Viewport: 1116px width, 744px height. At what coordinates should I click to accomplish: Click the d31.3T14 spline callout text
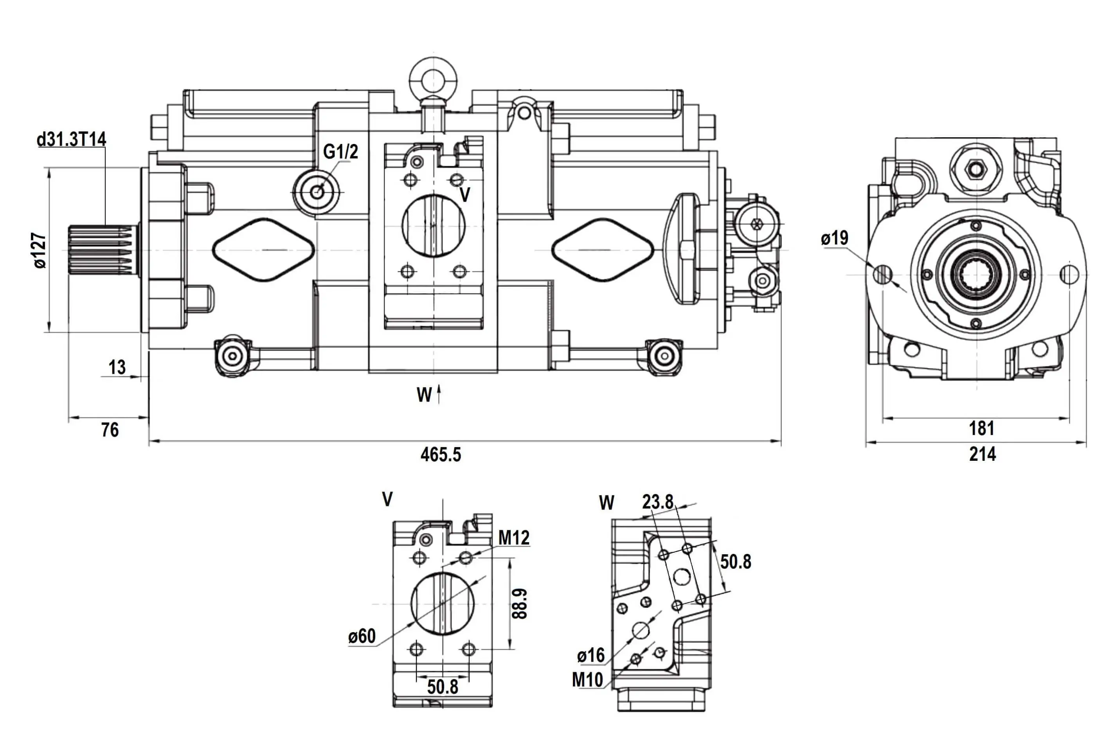point(71,140)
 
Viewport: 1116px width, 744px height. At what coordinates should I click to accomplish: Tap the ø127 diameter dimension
point(40,250)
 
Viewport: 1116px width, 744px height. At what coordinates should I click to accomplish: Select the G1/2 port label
point(340,152)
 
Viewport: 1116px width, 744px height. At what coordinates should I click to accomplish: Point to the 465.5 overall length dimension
point(441,455)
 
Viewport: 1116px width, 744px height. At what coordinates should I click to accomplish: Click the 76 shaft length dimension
point(110,430)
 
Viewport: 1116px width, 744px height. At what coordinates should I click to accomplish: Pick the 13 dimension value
point(117,367)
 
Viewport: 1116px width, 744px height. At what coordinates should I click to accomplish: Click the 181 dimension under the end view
point(981,428)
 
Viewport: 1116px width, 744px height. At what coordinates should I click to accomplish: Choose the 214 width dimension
point(982,455)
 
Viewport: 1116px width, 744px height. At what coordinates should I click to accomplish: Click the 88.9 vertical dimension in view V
point(520,604)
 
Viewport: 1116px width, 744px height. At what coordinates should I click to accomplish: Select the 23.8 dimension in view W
point(657,502)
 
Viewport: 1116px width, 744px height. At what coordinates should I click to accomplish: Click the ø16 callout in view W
point(590,656)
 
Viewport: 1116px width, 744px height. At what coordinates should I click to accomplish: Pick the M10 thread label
point(587,680)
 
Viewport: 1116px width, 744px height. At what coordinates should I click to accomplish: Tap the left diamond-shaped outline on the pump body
point(263,250)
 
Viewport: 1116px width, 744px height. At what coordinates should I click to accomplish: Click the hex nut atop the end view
point(976,169)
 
